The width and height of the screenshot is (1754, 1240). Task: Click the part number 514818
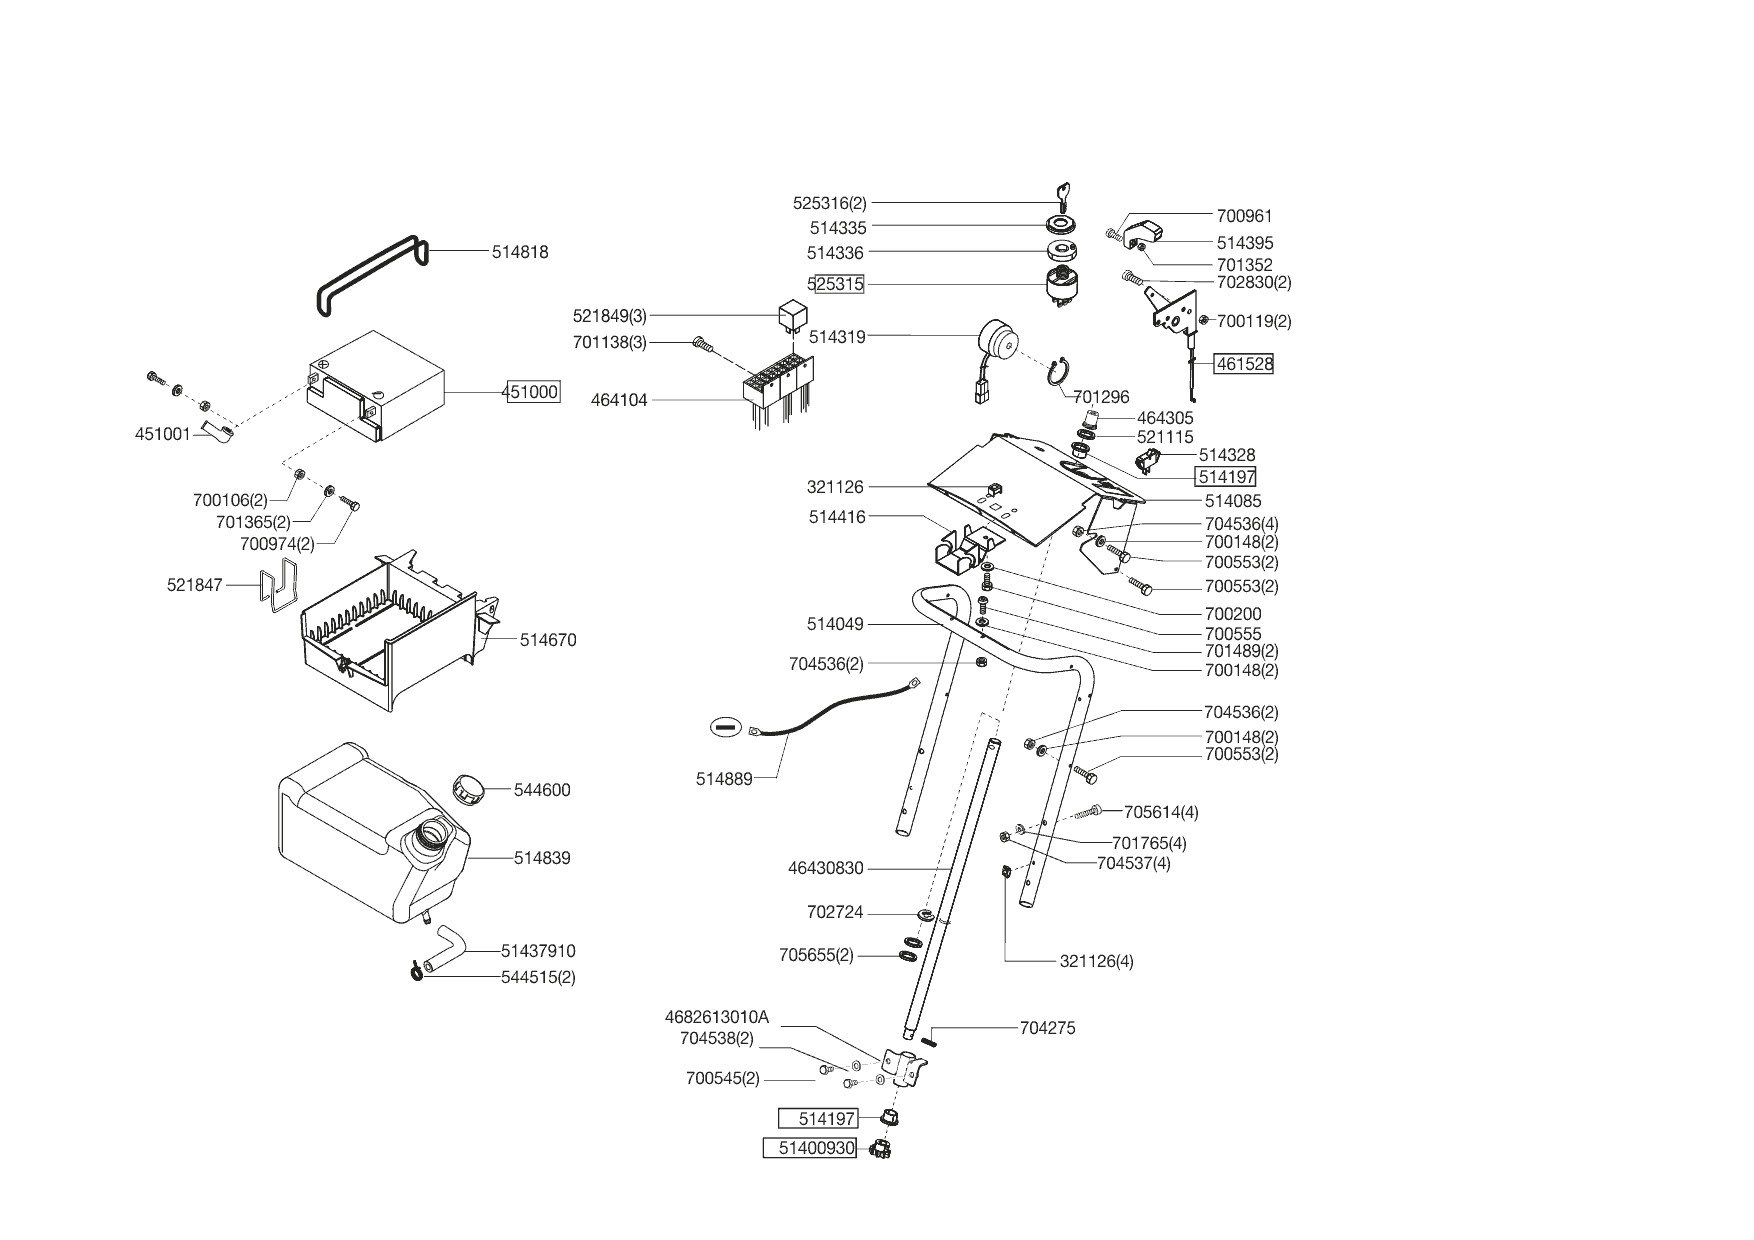click(x=520, y=252)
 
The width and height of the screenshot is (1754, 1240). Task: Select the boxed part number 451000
click(x=533, y=392)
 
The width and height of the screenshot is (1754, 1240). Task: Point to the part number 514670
click(x=548, y=640)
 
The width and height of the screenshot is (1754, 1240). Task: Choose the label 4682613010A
click(x=717, y=1017)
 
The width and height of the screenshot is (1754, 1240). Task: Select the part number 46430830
click(x=826, y=868)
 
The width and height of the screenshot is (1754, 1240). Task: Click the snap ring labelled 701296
click(x=1061, y=372)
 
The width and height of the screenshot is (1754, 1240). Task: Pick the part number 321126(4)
click(x=1097, y=962)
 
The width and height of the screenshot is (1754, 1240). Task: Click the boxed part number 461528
click(x=1244, y=364)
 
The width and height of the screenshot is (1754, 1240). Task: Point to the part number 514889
click(x=724, y=778)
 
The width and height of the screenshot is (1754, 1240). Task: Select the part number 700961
click(x=1245, y=216)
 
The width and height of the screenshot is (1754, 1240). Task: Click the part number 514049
click(x=835, y=625)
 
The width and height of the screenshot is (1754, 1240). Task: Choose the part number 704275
click(x=1048, y=1028)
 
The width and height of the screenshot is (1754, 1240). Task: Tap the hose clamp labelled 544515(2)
click(x=416, y=970)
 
